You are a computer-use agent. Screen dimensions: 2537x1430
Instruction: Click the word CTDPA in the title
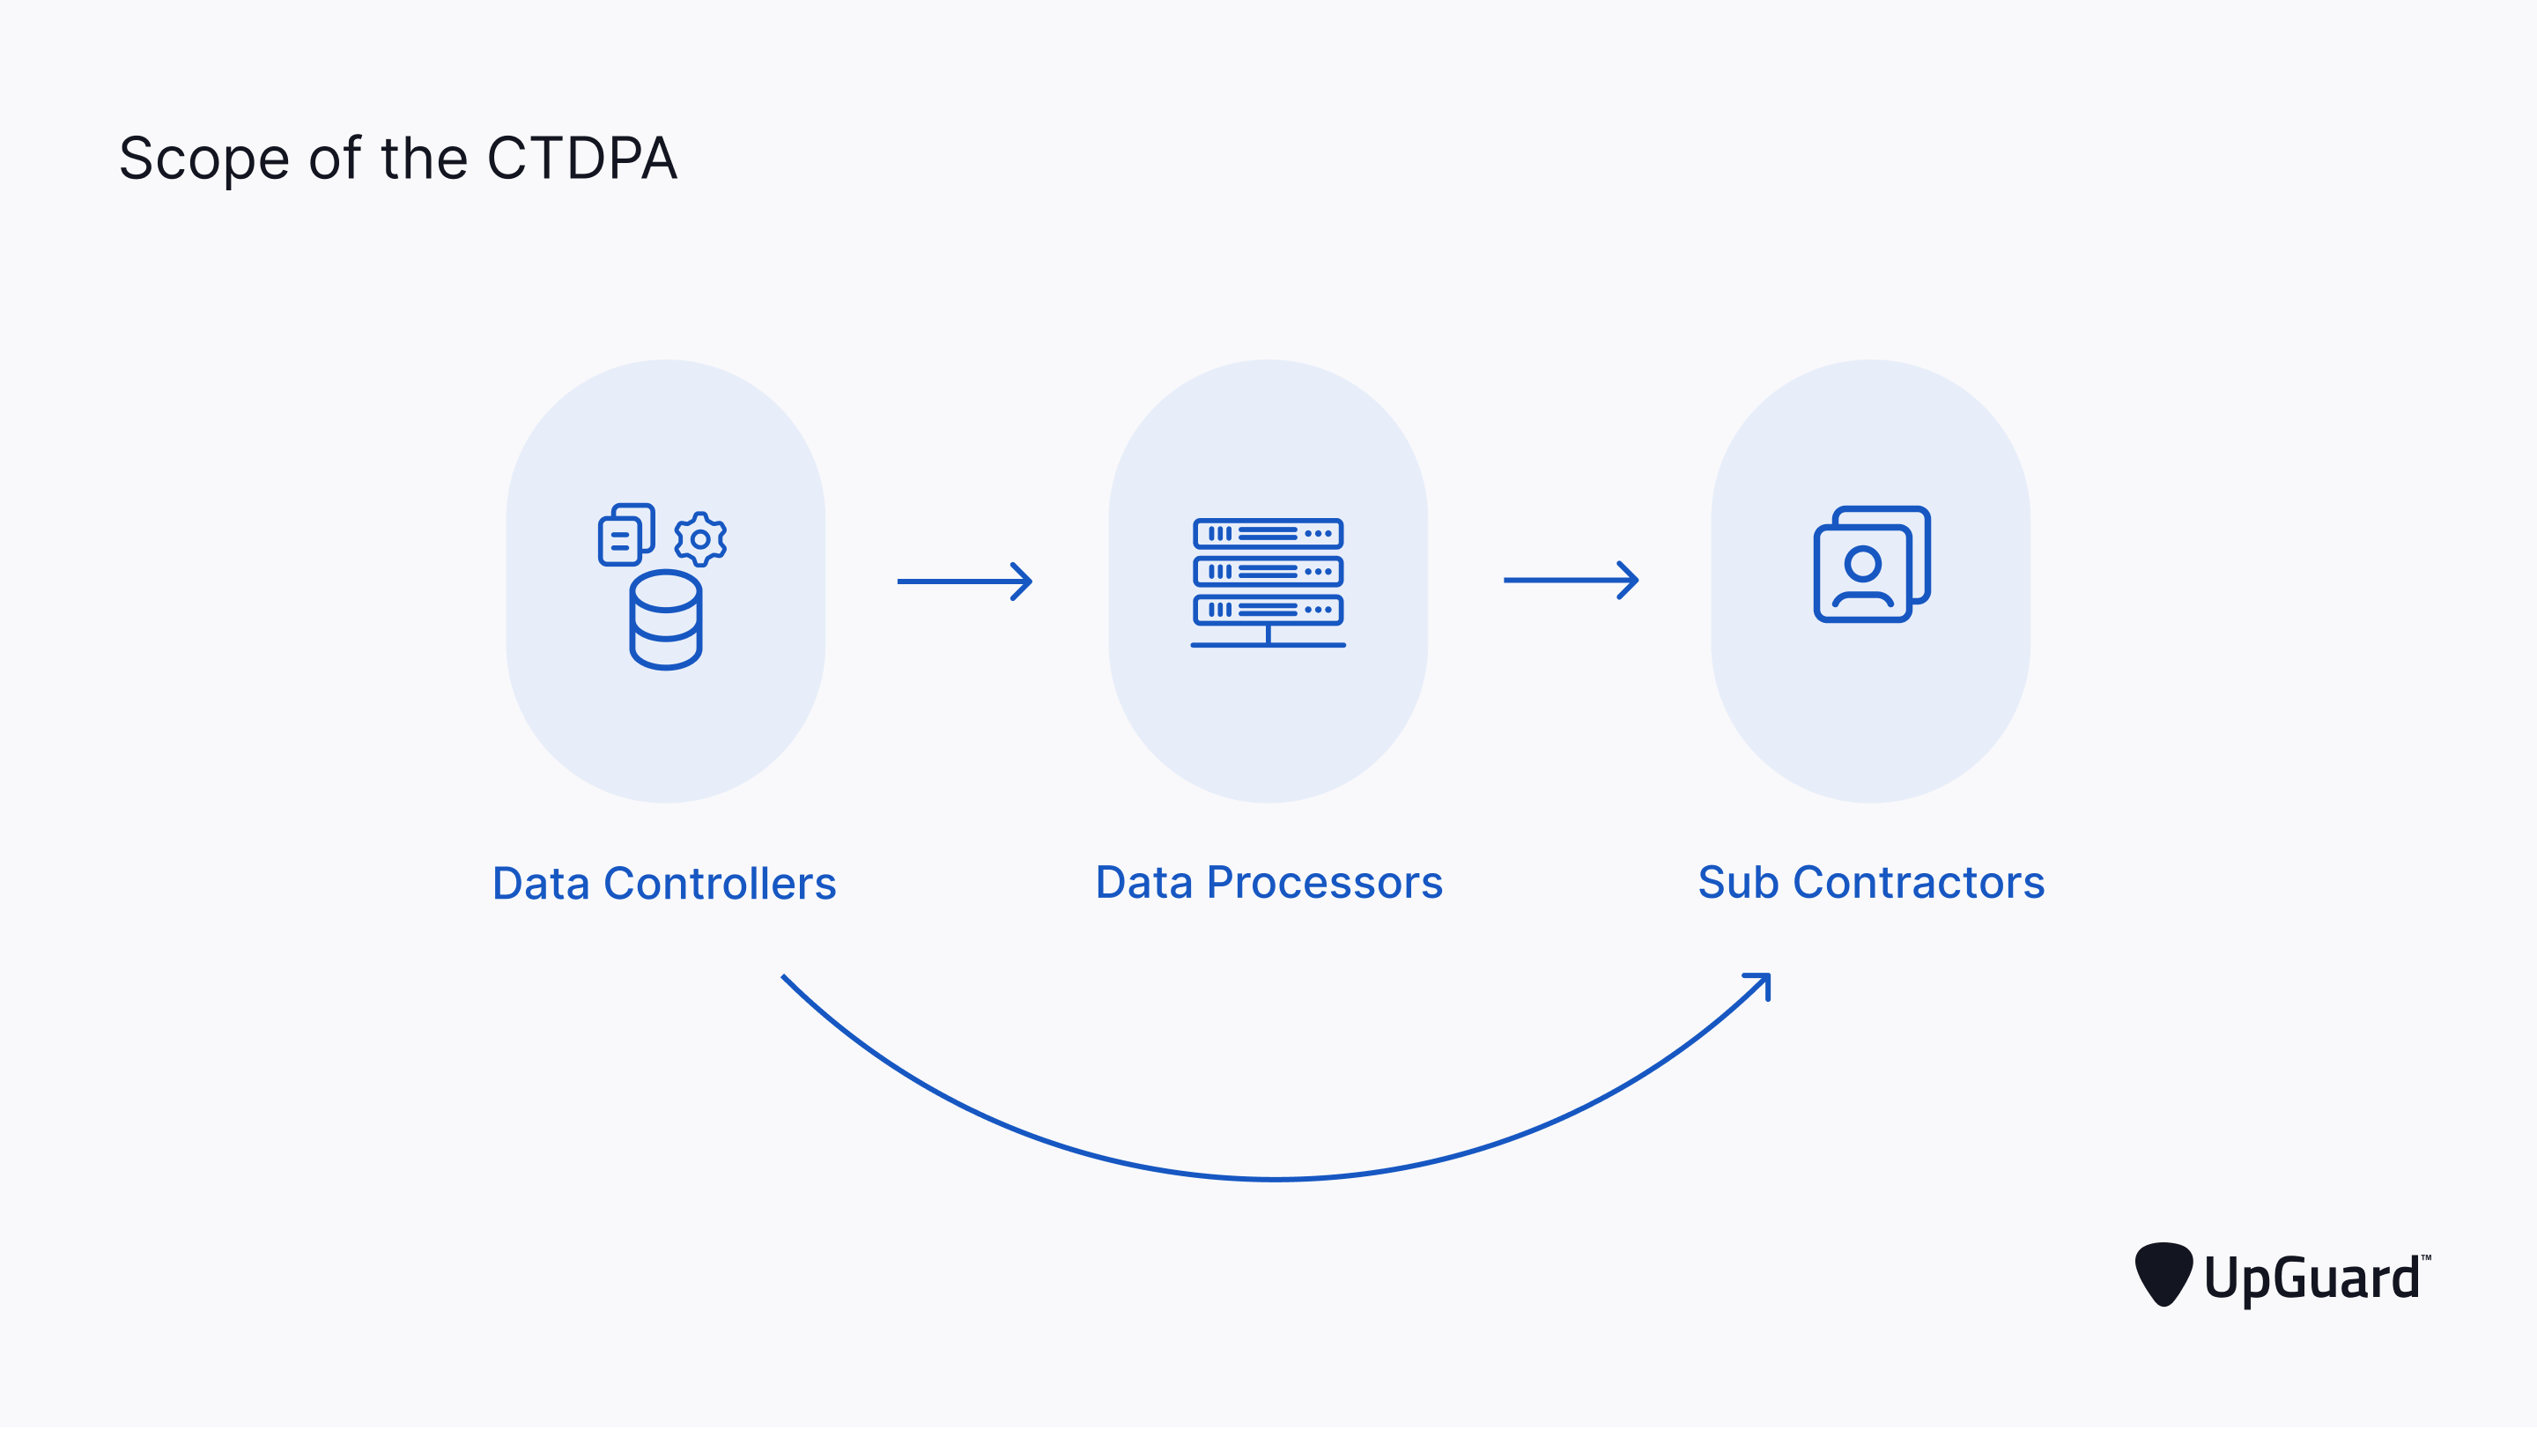(582, 158)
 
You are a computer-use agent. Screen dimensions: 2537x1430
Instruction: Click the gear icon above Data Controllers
(700, 538)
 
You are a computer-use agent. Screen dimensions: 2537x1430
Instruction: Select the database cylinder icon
(666, 620)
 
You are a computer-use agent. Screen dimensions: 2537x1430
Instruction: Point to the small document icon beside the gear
(626, 535)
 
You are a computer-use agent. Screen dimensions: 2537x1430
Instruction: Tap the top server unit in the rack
(1268, 534)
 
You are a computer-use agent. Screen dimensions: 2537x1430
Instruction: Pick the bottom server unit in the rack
(1268, 610)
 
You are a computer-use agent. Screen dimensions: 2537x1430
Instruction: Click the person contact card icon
(1872, 564)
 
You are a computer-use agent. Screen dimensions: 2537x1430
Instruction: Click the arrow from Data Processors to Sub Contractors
(1572, 581)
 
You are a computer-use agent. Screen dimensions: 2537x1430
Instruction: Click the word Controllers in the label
(720, 884)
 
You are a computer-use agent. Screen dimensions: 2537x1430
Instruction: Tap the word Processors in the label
(1325, 883)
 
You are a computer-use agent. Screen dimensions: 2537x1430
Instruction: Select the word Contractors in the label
(1919, 883)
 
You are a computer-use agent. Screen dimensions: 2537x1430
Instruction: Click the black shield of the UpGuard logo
(2163, 1274)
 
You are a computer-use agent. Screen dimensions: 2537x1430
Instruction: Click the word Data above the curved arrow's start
(541, 884)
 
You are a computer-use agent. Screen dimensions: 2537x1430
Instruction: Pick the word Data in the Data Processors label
(1144, 883)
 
